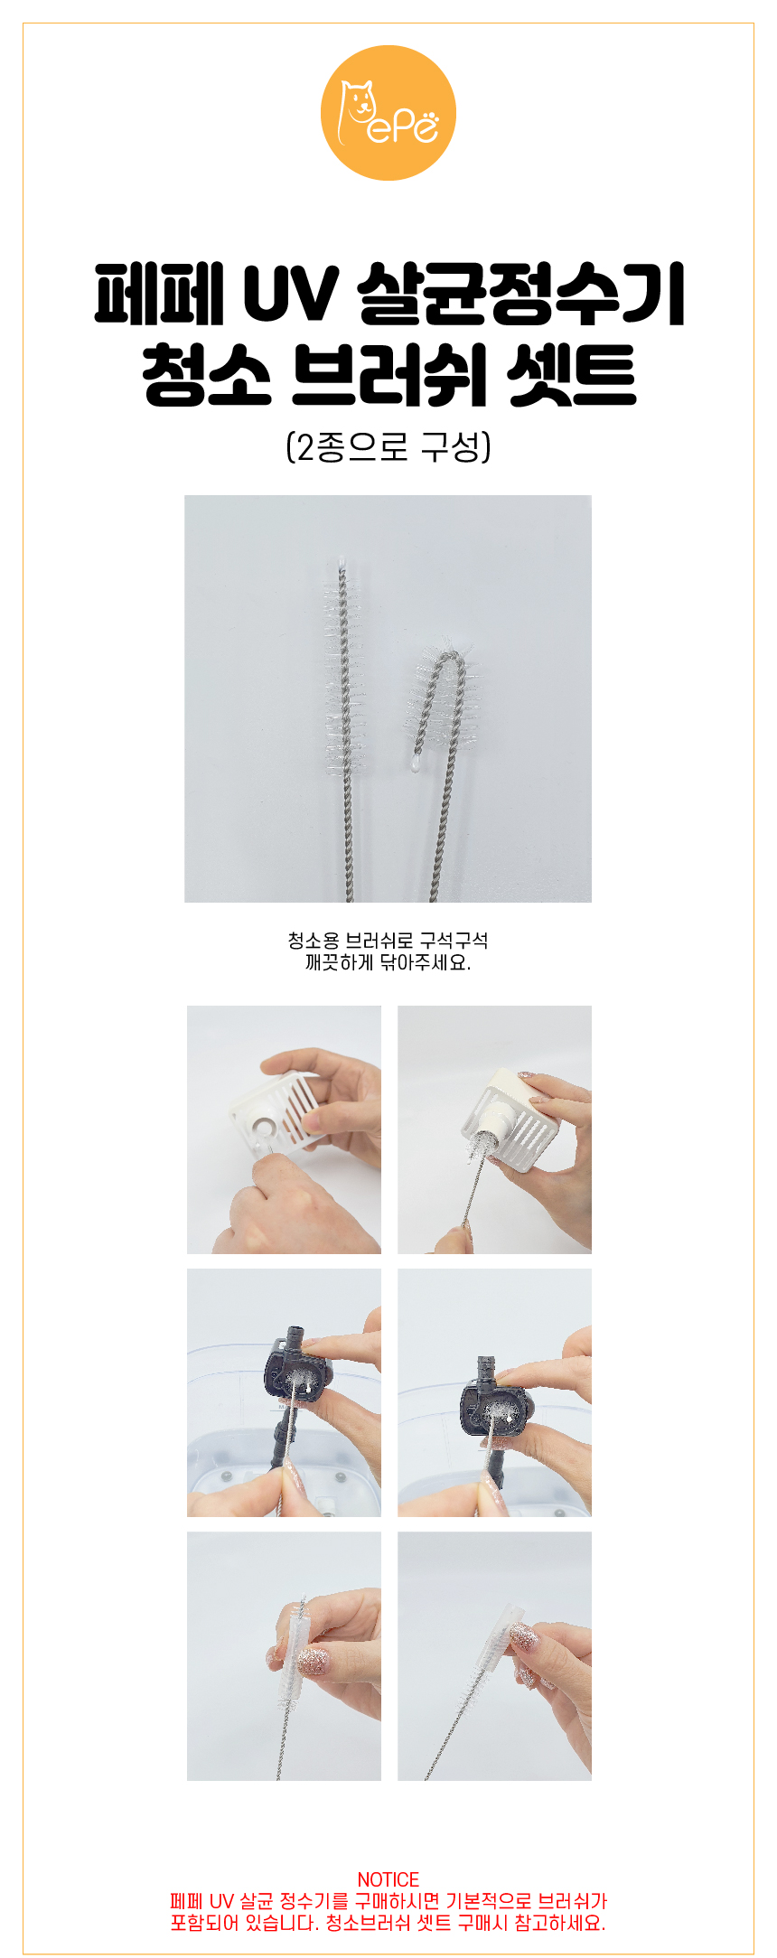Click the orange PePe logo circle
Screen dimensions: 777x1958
[x=388, y=113]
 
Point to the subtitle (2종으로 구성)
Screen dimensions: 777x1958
[x=388, y=446]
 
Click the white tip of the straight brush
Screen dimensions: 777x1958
[x=342, y=561]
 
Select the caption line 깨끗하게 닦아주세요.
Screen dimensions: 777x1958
[x=388, y=963]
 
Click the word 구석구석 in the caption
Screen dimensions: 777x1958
[x=454, y=941]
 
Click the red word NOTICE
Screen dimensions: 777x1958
[x=388, y=1879]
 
